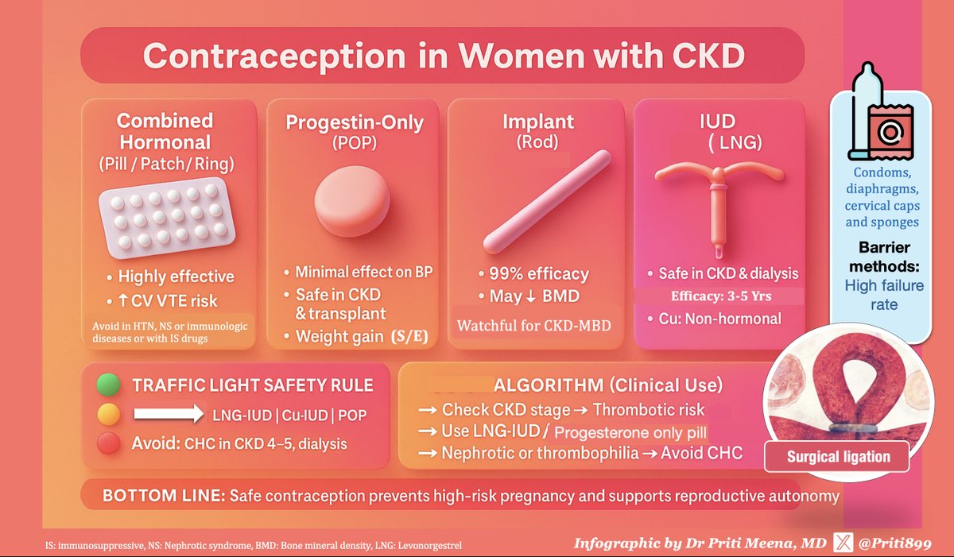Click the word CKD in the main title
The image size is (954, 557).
tap(708, 56)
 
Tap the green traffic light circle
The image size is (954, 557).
tap(108, 385)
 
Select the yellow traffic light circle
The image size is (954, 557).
tap(109, 414)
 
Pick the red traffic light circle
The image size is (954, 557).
tap(109, 443)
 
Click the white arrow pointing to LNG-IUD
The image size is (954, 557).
tap(169, 414)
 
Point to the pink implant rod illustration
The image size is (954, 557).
tap(547, 201)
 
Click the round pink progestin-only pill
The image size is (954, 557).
tap(352, 201)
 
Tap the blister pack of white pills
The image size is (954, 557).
tap(167, 218)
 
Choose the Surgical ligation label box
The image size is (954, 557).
tap(837, 457)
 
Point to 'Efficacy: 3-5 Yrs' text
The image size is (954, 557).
tap(721, 296)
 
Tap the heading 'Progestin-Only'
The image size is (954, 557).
tap(355, 122)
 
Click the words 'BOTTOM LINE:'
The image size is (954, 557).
tap(164, 496)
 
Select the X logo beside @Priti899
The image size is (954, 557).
tap(843, 543)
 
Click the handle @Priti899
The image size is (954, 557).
tap(895, 543)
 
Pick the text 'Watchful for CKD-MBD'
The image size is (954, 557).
tap(533, 326)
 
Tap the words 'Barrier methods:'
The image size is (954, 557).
tap(884, 257)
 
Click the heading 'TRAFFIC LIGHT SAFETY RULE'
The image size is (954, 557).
tap(253, 385)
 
